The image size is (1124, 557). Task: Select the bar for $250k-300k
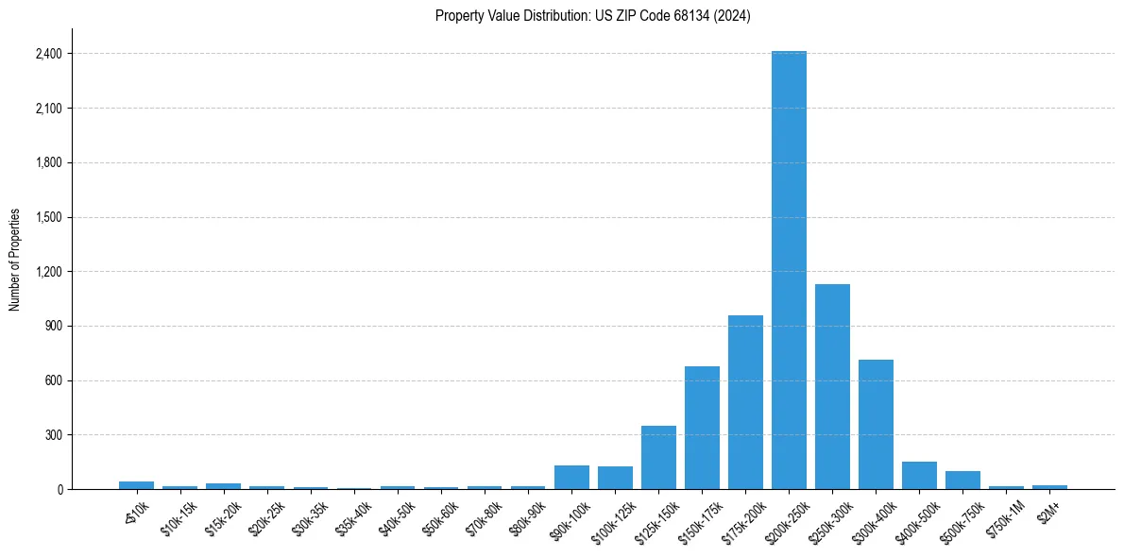tap(832, 387)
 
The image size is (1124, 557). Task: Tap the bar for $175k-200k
tap(745, 402)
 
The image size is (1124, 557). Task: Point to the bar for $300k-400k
tap(876, 425)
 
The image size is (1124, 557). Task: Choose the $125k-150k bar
tap(658, 458)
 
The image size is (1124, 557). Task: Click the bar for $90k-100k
tap(571, 478)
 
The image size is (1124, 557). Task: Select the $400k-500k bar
tap(919, 476)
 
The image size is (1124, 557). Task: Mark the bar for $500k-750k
tap(962, 480)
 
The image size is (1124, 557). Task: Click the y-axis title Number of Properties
tap(14, 260)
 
